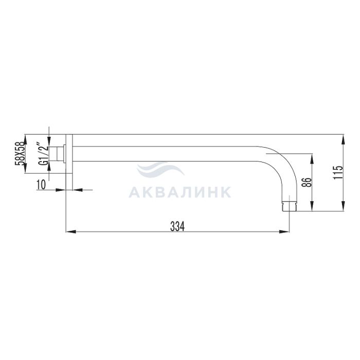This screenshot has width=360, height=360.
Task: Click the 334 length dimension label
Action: click(x=177, y=227)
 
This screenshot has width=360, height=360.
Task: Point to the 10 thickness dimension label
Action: click(x=41, y=184)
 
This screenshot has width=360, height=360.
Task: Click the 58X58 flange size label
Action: click(x=20, y=154)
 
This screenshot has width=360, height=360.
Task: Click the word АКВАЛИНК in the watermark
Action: click(x=180, y=192)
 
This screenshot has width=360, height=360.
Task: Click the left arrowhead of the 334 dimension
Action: click(x=71, y=231)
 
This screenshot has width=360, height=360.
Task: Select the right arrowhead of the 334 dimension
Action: click(x=284, y=231)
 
